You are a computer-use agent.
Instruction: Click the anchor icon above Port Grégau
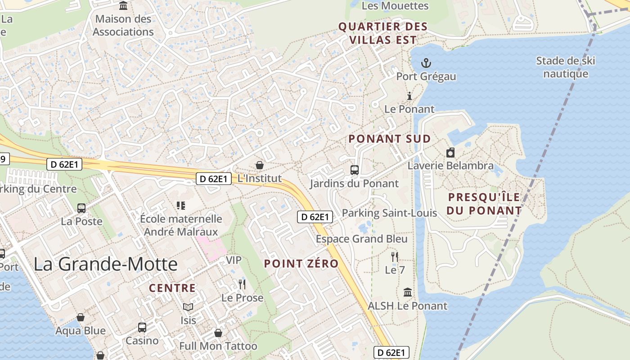(x=426, y=63)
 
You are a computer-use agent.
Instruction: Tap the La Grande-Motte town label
(x=106, y=264)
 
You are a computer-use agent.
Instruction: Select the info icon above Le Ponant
(x=409, y=96)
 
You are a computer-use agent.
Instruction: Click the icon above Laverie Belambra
(x=450, y=153)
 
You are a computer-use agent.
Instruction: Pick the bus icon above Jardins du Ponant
(x=355, y=170)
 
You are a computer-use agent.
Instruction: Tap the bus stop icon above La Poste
(x=81, y=208)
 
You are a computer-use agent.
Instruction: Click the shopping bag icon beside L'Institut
(x=259, y=165)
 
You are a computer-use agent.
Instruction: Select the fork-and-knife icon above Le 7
(x=395, y=257)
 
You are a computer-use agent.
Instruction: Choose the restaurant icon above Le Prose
(x=242, y=284)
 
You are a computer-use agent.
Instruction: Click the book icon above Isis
(x=188, y=307)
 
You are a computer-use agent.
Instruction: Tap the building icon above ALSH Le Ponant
(x=408, y=292)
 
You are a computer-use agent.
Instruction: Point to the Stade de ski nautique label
(x=565, y=67)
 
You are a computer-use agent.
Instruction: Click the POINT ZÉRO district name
(x=301, y=264)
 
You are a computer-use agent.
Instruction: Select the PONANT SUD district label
(x=390, y=139)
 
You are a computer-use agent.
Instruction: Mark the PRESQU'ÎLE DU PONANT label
(x=484, y=203)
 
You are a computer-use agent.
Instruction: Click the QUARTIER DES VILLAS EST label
(x=382, y=33)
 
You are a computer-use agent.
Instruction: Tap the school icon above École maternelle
(x=181, y=206)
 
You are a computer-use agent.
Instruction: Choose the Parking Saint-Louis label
(x=390, y=213)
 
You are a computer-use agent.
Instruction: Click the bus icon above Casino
(x=142, y=327)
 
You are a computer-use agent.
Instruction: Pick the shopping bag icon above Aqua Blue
(x=81, y=318)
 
